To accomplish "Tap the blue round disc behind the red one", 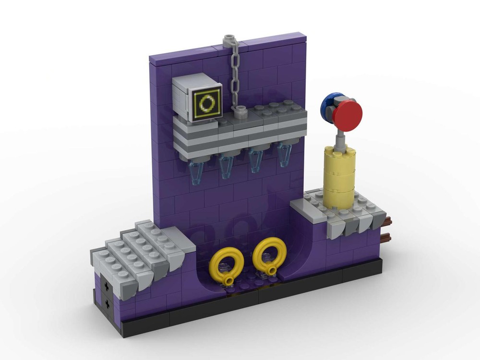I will click(x=330, y=102).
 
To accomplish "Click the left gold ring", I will click(x=225, y=264).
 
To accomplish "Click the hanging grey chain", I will click(x=235, y=77).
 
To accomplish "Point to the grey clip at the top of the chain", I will click(x=229, y=38).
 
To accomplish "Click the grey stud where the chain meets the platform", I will click(x=240, y=111).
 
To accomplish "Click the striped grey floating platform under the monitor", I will click(x=240, y=134).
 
